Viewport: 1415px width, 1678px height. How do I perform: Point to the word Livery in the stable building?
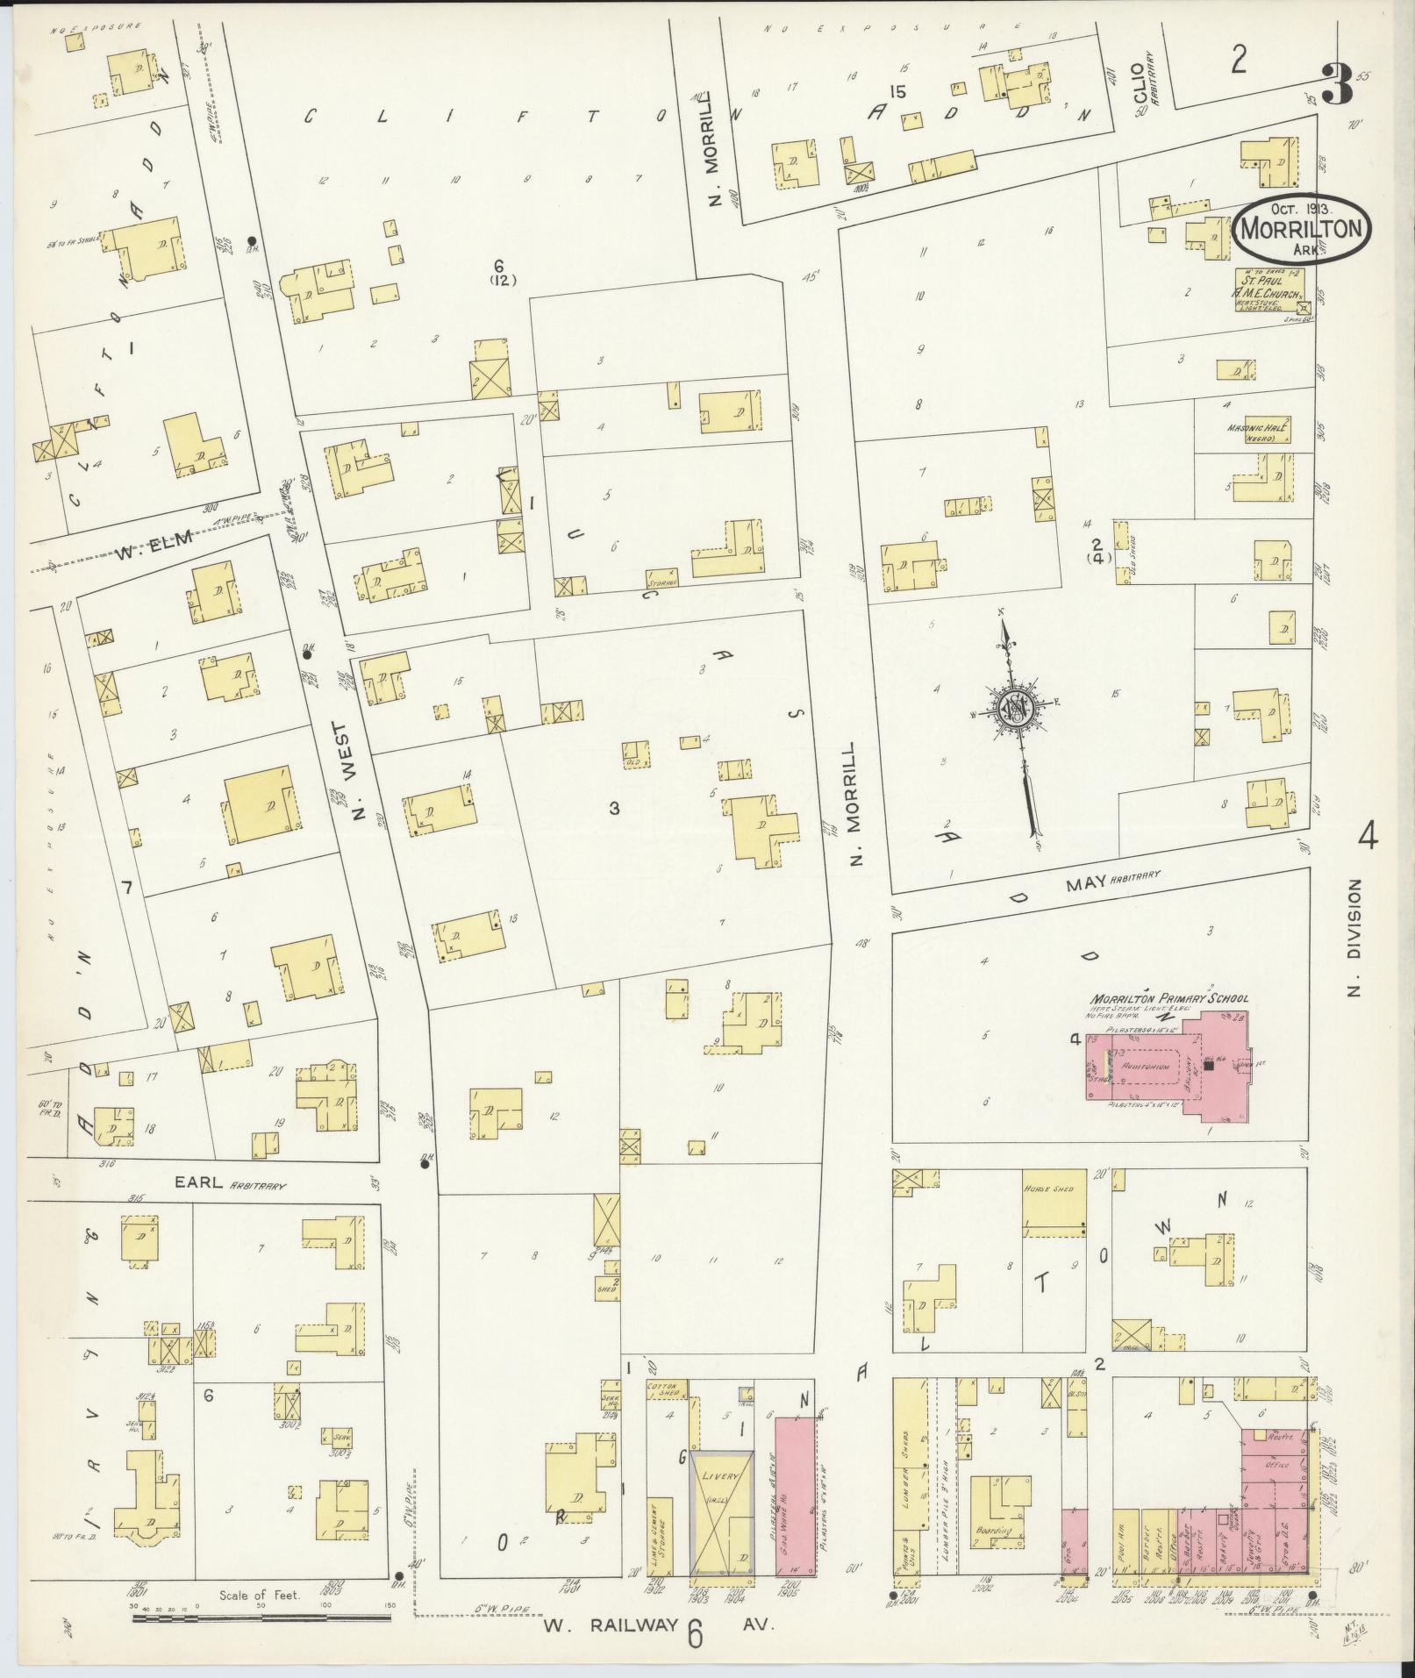[x=721, y=1476]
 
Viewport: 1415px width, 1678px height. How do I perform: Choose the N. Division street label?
[x=1356, y=938]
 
